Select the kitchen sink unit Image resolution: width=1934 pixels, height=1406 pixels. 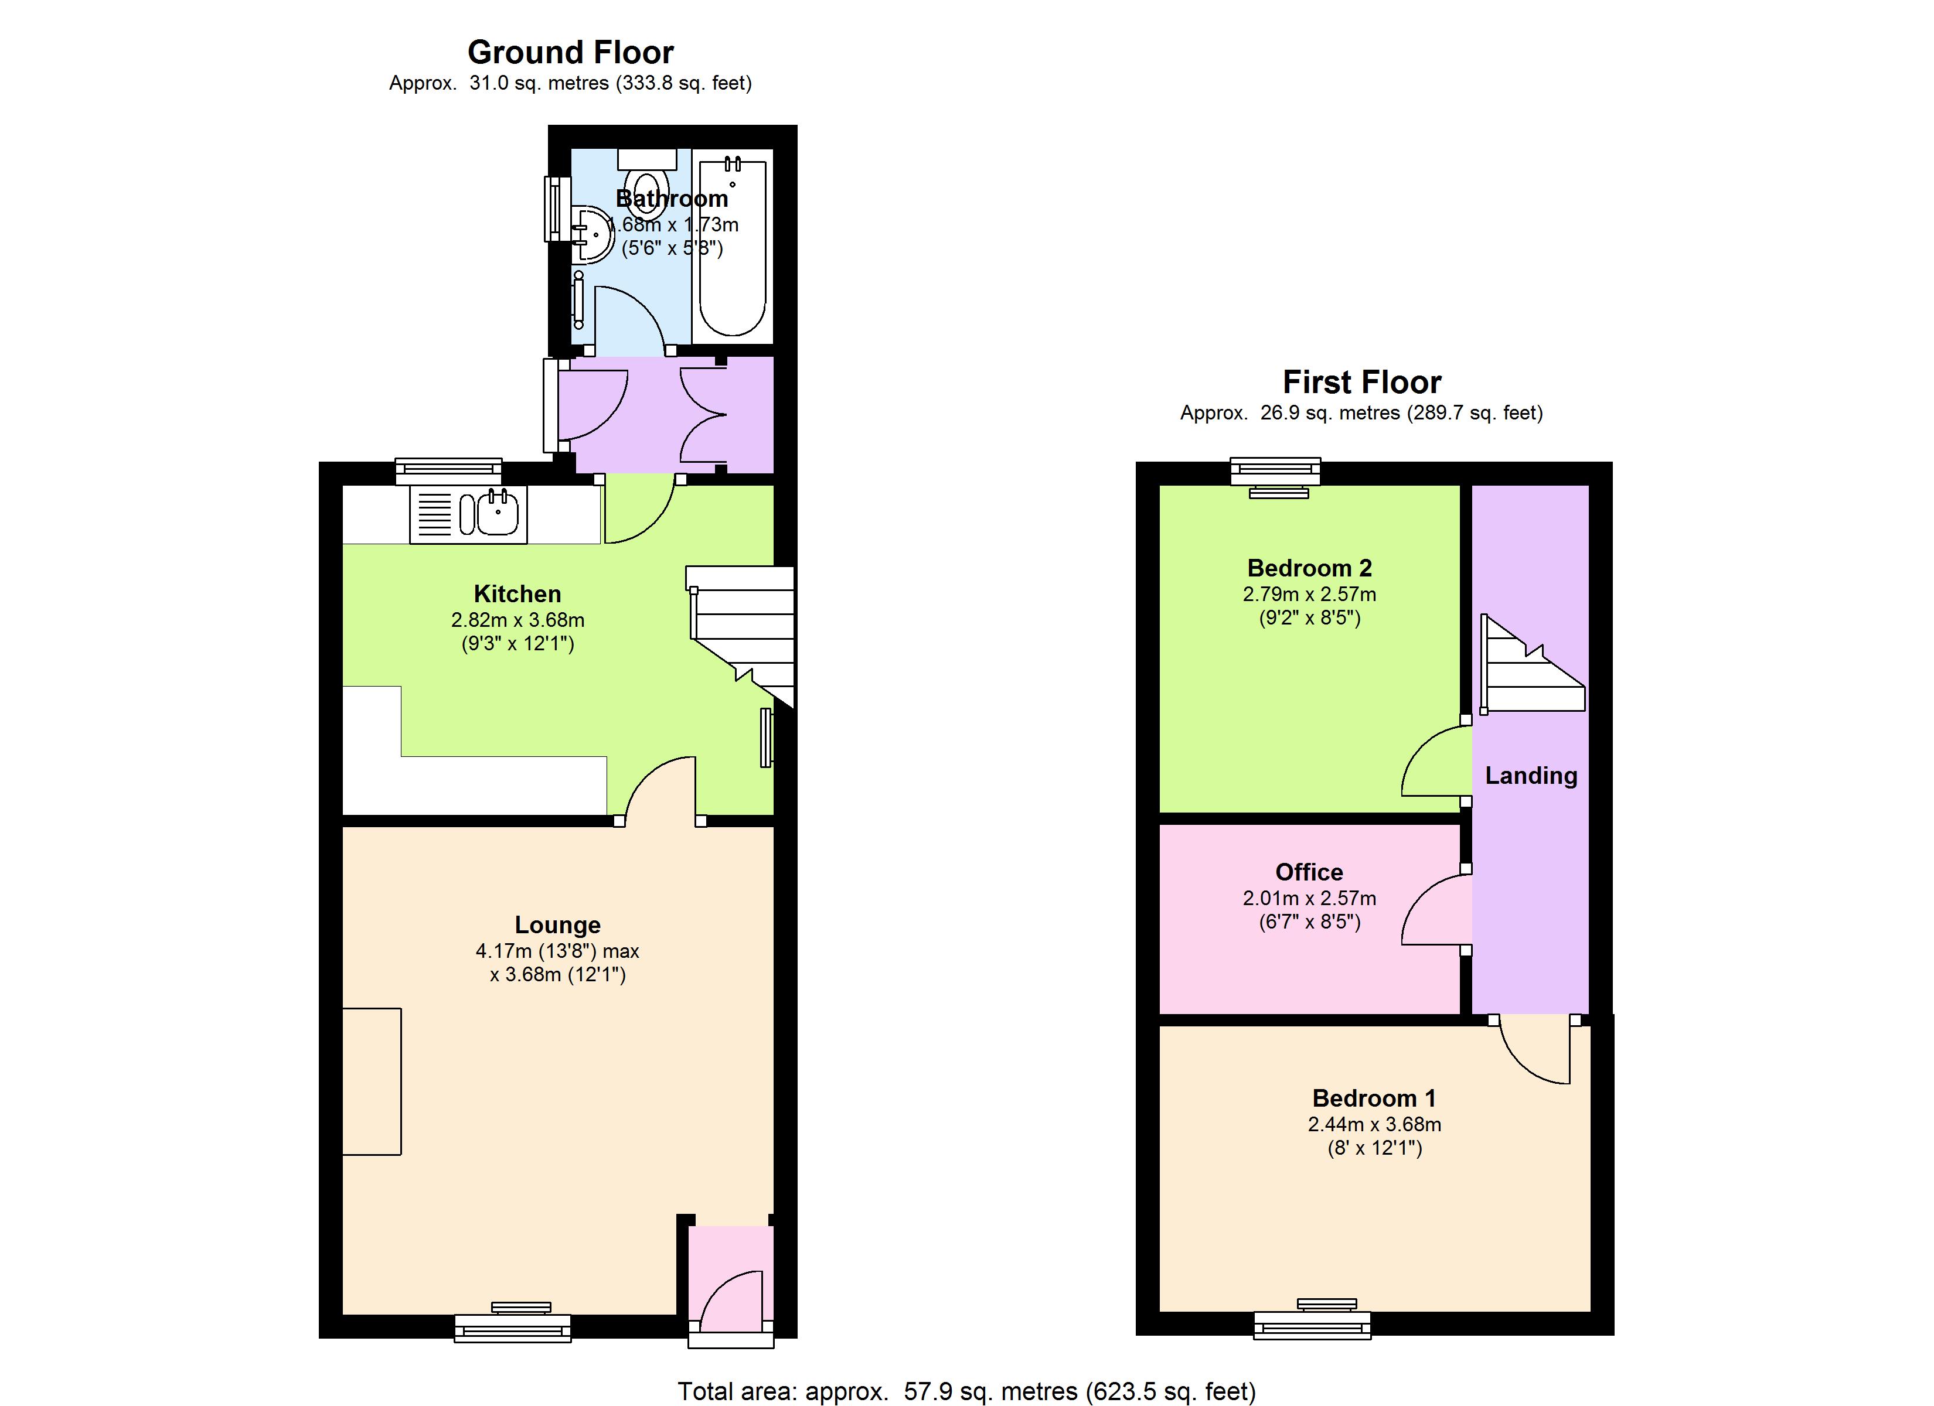point(468,514)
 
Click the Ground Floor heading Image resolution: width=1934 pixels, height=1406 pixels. point(570,53)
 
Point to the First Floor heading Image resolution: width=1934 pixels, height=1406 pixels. point(1362,382)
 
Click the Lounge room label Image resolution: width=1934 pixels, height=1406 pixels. point(558,925)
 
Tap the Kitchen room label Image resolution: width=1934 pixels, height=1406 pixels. point(517,594)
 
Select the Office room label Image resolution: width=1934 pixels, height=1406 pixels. point(1309,872)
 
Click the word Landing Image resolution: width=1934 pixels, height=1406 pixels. point(1531,776)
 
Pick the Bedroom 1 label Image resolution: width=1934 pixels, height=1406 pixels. point(1374,1098)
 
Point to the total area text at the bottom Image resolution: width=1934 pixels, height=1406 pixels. point(966,1391)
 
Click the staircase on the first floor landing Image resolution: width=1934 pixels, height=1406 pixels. point(1533,664)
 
